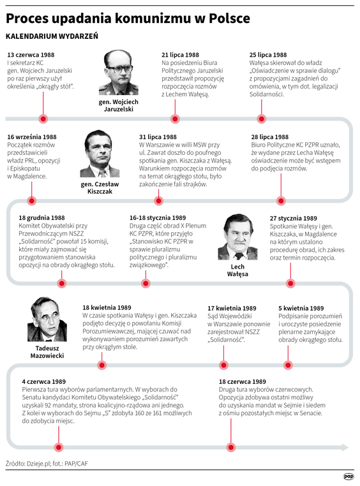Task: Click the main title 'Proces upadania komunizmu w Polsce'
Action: [128, 18]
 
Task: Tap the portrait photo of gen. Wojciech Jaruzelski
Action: [119, 72]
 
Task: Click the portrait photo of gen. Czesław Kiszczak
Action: [100, 154]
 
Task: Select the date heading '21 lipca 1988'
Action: [180, 55]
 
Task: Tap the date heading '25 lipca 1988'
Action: [268, 55]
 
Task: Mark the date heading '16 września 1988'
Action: [32, 137]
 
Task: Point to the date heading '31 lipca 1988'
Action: [158, 137]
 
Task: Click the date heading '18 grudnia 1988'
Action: [42, 218]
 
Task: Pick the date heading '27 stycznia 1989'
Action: [295, 218]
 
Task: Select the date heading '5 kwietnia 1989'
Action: [301, 308]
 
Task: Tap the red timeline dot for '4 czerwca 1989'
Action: [59, 446]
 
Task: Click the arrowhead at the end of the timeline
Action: [345, 446]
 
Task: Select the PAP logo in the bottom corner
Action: [348, 476]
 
